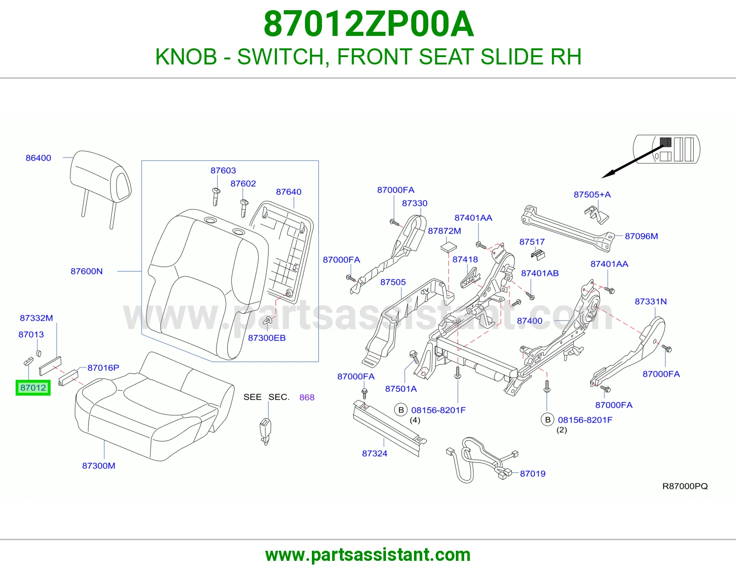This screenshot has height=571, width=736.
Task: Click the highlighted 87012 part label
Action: coord(33,388)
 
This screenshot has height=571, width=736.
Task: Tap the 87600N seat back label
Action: coord(86,271)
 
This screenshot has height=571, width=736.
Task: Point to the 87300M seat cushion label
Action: coord(98,466)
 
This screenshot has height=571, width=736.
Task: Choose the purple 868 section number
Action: coord(307,397)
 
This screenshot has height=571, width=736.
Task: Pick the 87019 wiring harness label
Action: coord(532,473)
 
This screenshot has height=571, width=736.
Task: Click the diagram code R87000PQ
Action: coord(685,486)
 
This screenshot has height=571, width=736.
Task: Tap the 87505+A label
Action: coord(592,194)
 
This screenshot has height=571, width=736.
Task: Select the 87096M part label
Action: coord(641,236)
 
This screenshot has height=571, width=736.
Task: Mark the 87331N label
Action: coord(650,301)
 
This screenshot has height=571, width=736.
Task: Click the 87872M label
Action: coord(444,231)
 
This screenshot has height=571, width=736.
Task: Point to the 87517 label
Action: coord(532,241)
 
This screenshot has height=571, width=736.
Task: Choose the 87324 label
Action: coord(374,453)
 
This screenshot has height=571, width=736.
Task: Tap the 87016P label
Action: coord(103,367)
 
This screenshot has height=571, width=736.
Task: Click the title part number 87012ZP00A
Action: coord(368,24)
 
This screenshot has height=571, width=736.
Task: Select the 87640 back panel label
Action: coord(288,192)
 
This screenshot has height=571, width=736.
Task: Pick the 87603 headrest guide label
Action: coord(223,170)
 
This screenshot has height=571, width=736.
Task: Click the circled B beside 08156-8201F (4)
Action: coord(401,410)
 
